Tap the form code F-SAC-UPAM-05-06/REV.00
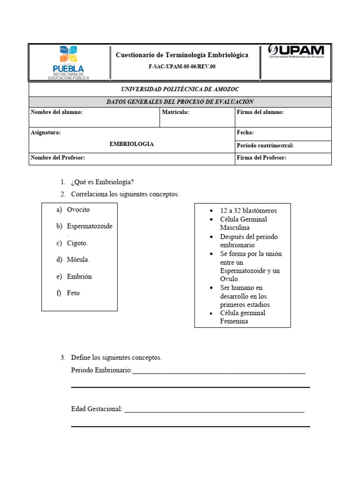[x=182, y=67]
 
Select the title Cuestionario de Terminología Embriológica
[x=182, y=55]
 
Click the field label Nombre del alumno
[x=57, y=112]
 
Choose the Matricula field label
[x=175, y=112]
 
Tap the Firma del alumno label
[x=260, y=112]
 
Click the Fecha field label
[x=245, y=133]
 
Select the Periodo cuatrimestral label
[x=265, y=145]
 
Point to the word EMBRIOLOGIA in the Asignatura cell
[x=132, y=144]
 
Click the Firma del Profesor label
[x=262, y=158]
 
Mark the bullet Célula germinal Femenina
[x=242, y=317]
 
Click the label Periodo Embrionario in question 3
[x=101, y=370]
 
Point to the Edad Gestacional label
[x=97, y=409]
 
